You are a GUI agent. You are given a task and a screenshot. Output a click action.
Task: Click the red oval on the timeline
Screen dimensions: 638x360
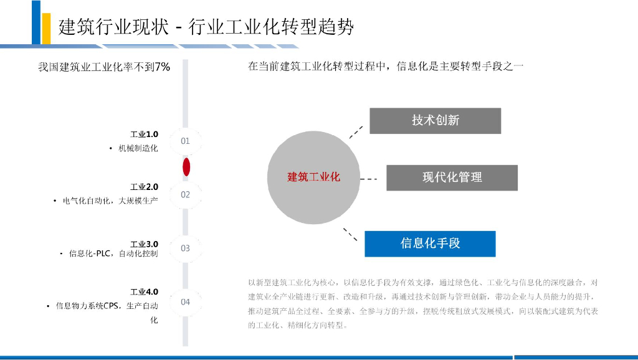pyautogui.click(x=186, y=167)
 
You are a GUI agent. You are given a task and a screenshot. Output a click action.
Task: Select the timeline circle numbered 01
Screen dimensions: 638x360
pyautogui.click(x=185, y=141)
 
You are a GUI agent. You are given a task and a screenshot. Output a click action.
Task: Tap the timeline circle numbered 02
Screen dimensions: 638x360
pyautogui.click(x=185, y=194)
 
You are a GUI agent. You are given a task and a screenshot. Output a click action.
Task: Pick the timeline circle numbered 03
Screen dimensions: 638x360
pyautogui.click(x=185, y=248)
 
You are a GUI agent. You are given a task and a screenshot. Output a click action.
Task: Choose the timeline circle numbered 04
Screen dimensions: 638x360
pyautogui.click(x=185, y=302)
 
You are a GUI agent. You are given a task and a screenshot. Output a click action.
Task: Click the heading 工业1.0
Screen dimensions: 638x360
pyautogui.click(x=144, y=134)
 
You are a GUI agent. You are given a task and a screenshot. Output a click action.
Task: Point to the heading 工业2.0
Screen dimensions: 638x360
pyautogui.click(x=144, y=187)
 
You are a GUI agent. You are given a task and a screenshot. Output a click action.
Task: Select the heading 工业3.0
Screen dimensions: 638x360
pyautogui.click(x=144, y=244)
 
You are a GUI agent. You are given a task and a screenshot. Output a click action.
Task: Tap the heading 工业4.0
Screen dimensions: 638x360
pyautogui.click(x=144, y=291)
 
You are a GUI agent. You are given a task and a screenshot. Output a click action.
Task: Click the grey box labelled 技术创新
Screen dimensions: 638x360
pyautogui.click(x=435, y=121)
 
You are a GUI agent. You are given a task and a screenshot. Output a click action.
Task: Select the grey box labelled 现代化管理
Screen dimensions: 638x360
pyautogui.click(x=452, y=178)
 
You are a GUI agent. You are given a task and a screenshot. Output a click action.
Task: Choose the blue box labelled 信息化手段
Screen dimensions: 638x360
pyautogui.click(x=430, y=244)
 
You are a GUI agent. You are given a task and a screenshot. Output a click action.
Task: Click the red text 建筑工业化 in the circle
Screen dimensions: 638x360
pyautogui.click(x=313, y=177)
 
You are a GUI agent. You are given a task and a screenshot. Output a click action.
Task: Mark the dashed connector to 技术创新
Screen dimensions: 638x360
pyautogui.click(x=355, y=131)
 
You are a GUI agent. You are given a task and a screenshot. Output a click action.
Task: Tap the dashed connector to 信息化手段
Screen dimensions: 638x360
pyautogui.click(x=351, y=234)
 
